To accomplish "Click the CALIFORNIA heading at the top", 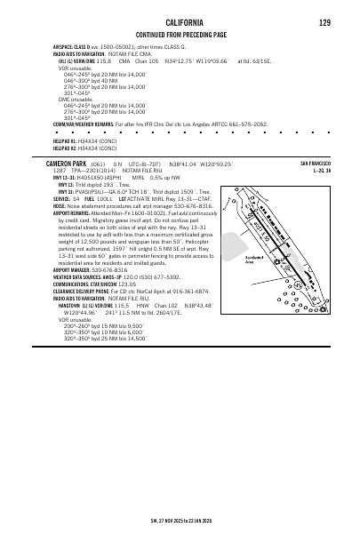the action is pyautogui.click(x=180, y=21).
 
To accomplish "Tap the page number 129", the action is pyautogui.click(x=324, y=21).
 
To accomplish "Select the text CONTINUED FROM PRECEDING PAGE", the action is pyautogui.click(x=180, y=34).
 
